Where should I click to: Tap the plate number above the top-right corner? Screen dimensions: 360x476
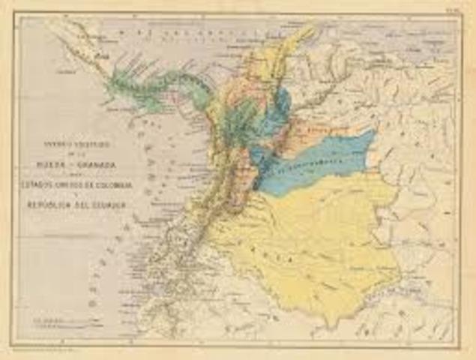pyautogui.click(x=453, y=13)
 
